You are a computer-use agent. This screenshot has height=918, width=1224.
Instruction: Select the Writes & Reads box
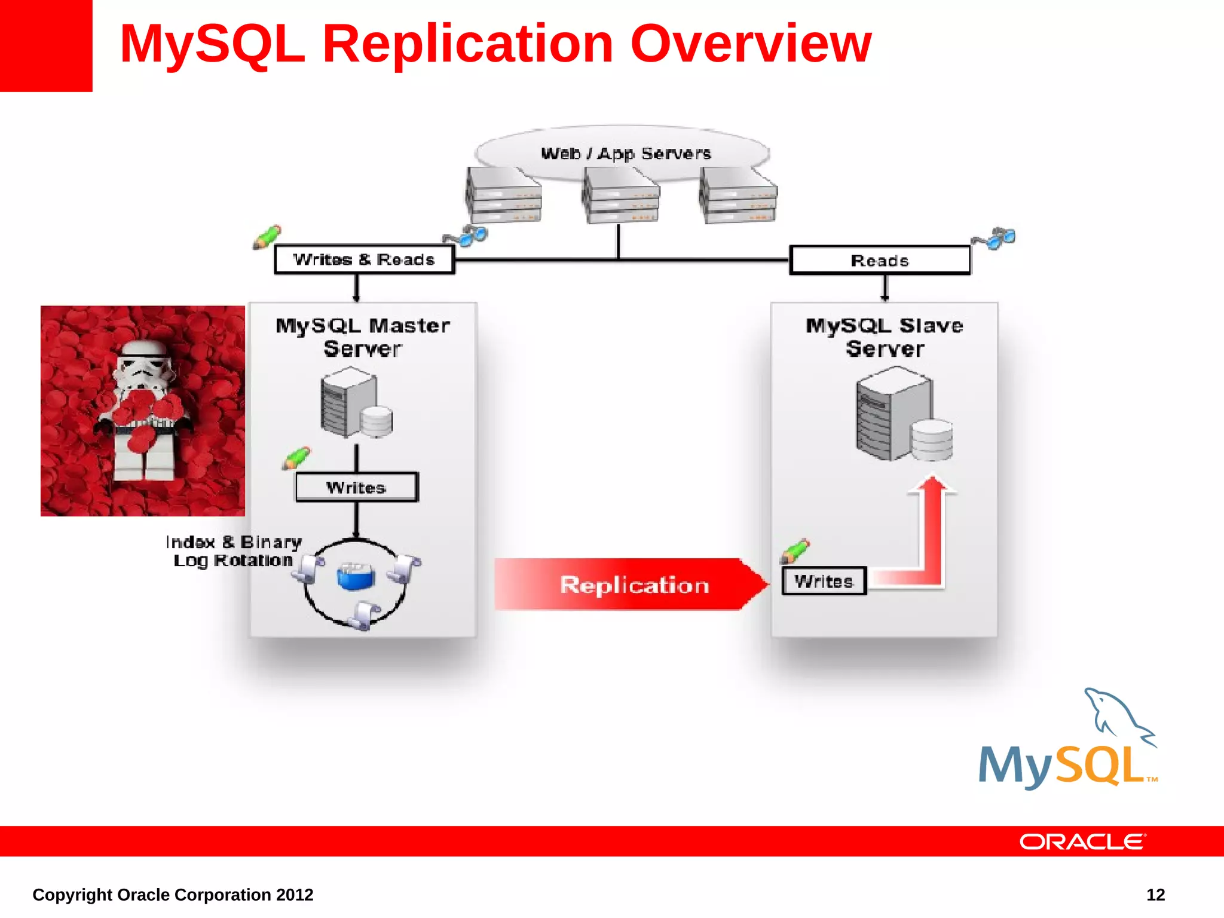coord(364,260)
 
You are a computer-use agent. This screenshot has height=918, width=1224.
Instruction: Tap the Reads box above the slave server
coord(879,261)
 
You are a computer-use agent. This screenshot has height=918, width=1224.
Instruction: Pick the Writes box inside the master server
coord(356,487)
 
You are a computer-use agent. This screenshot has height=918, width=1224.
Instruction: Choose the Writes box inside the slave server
coord(824,581)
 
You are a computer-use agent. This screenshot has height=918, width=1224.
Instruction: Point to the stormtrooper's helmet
coord(144,364)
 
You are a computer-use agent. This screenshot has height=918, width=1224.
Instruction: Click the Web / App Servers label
coord(626,154)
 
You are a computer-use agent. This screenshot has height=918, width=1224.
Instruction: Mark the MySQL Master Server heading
coord(363,337)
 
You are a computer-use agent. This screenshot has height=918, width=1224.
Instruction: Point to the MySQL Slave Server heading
coord(885,337)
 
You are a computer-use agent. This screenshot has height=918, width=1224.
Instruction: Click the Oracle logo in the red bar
coord(1082,841)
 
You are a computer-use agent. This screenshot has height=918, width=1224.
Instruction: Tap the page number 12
coord(1155,895)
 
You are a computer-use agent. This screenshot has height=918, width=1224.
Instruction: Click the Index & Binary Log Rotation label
coord(234,551)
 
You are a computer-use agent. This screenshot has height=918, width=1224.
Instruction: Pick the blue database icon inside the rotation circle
coord(356,576)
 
